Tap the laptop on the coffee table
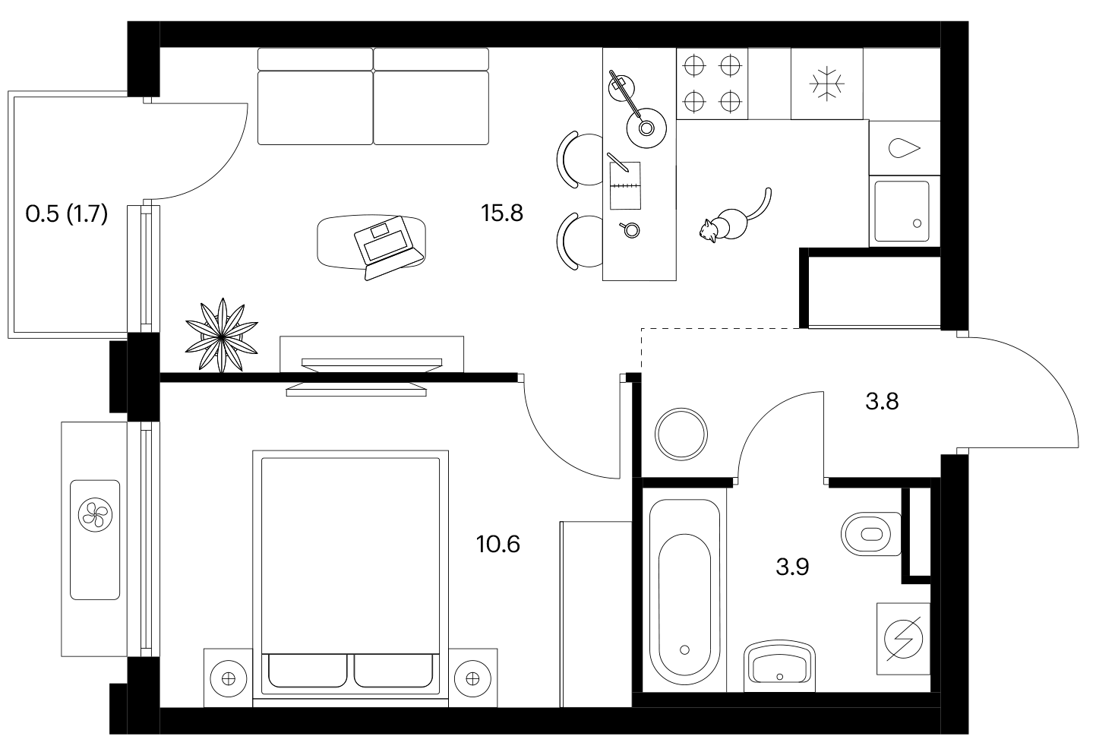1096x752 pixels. click(387, 248)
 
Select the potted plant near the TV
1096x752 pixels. click(222, 335)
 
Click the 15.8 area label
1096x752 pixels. click(502, 213)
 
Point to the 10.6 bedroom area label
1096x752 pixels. click(498, 545)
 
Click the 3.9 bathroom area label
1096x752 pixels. click(792, 567)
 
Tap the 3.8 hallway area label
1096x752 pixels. click(882, 401)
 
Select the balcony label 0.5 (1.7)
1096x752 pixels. click(67, 214)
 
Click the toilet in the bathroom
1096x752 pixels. click(871, 534)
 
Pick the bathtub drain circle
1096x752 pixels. click(684, 649)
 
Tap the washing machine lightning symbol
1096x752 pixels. click(903, 639)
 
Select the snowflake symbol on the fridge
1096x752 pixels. click(827, 83)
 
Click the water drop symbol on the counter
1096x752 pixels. click(904, 148)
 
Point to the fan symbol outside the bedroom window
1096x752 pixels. click(95, 515)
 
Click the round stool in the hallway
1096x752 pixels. click(681, 434)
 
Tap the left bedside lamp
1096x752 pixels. click(229, 678)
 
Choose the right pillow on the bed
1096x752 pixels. click(394, 671)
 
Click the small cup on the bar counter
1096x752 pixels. click(630, 229)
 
